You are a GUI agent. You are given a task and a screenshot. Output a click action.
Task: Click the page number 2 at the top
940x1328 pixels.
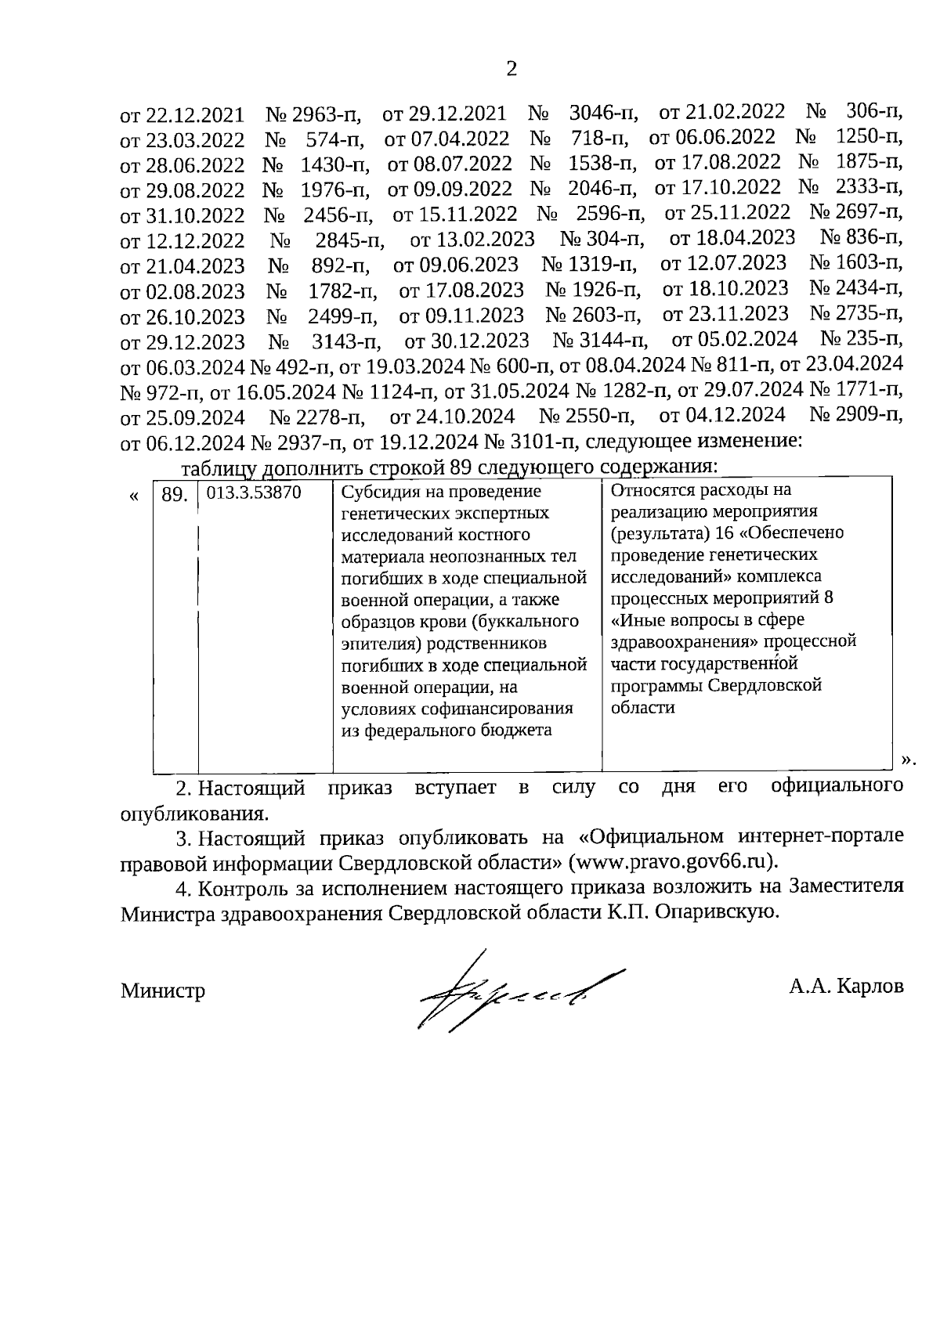[512, 70]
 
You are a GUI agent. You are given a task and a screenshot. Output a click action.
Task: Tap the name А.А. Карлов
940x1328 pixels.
[846, 985]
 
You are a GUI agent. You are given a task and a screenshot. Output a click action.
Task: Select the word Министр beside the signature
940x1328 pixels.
[163, 991]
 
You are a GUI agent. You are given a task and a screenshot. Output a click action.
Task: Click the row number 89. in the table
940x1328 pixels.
[175, 495]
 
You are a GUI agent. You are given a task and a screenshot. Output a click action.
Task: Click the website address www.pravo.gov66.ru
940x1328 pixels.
[671, 861]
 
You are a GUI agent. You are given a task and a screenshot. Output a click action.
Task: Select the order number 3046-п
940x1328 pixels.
[603, 114]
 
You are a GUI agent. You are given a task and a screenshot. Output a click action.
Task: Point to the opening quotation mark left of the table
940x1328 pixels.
[135, 496]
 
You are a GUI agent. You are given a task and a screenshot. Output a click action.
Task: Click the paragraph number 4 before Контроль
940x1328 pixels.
[183, 888]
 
